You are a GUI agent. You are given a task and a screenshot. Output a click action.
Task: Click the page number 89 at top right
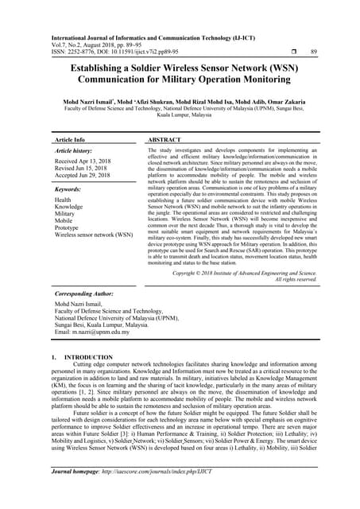point(313,52)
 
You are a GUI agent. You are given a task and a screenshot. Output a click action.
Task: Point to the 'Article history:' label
point(75,150)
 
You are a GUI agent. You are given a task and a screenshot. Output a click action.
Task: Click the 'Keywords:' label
point(70,190)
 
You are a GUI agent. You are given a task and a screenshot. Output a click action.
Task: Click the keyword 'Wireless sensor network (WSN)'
point(94,235)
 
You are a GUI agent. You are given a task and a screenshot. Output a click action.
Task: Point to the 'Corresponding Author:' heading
point(86,293)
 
